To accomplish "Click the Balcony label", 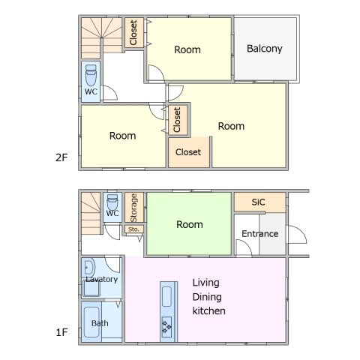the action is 265,49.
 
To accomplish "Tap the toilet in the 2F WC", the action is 91,75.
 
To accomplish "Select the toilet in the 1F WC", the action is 112,202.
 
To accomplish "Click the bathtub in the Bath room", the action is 91,322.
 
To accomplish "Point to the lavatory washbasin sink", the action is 89,268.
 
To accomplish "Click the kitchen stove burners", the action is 166,327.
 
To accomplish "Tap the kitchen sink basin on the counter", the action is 166,296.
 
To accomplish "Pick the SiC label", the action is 258,202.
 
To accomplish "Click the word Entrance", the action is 260,234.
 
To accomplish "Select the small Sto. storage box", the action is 134,229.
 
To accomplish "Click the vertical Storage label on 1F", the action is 133,208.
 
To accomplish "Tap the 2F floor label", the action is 61,157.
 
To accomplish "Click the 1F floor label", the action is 61,332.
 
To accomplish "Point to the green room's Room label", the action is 190,224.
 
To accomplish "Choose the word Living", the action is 206,283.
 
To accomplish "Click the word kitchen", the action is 209,311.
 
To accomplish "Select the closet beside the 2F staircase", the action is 134,32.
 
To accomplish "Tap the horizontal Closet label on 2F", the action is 188,152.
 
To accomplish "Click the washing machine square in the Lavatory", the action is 91,288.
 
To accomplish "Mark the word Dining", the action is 207,297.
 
